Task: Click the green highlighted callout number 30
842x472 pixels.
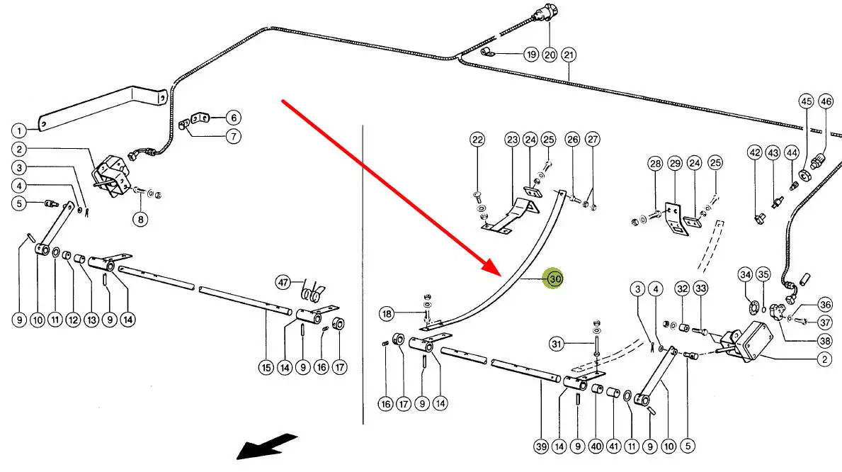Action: (x=554, y=279)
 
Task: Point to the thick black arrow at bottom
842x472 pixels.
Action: (x=266, y=446)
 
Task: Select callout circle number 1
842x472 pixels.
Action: (x=19, y=130)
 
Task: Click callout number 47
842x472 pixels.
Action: (x=284, y=283)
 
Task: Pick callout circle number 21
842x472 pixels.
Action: (x=569, y=55)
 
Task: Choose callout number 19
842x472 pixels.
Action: (x=531, y=55)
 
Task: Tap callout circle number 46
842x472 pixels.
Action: (x=826, y=101)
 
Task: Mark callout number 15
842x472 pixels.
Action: (x=266, y=367)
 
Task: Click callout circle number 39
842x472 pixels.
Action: (x=542, y=446)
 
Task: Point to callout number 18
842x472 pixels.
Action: (x=386, y=313)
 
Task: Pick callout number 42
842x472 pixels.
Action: (x=755, y=152)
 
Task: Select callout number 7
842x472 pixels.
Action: (x=234, y=136)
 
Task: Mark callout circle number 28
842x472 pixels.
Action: (x=656, y=164)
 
